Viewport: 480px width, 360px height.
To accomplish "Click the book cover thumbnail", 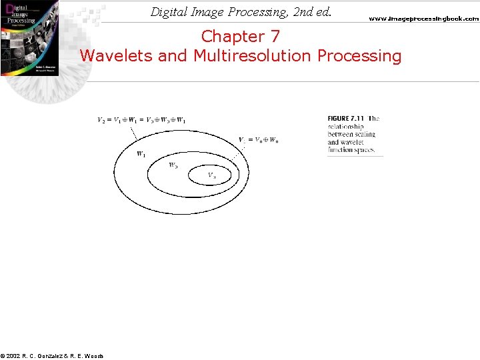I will pos(29,37).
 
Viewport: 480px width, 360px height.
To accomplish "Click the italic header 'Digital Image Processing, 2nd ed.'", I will pos(241,12).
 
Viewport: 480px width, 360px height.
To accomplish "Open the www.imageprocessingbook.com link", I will pos(423,19).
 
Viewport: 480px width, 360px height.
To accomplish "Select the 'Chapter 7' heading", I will pos(241,36).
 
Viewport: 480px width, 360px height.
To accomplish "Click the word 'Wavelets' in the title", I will pos(117,55).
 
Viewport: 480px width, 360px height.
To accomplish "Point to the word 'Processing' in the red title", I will pos(360,55).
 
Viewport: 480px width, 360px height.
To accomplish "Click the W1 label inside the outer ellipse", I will pos(141,154).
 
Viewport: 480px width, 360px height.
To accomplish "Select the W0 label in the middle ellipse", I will pos(173,165).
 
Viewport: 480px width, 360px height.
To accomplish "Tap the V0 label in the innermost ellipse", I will pos(211,175).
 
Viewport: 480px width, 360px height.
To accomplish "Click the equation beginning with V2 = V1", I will pos(141,120).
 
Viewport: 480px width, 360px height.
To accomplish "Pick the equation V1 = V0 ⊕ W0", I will pos(259,140).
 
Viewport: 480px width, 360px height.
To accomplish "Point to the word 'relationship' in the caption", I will pos(345,127).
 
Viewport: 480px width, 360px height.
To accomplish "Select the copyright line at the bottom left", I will pos(52,356).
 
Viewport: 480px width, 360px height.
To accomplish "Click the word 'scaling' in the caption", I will pos(365,134).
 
